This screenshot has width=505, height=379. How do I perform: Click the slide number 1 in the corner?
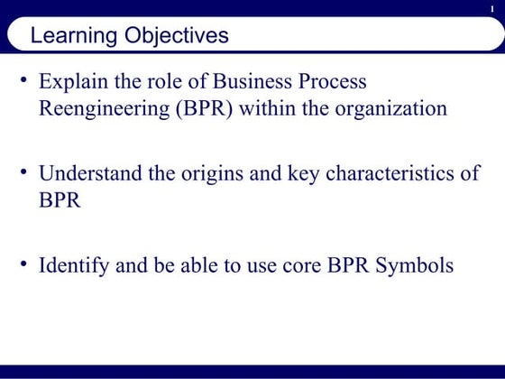pos(492,8)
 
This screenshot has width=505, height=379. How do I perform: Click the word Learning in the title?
pos(73,37)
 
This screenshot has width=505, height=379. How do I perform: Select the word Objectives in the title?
pos(176,37)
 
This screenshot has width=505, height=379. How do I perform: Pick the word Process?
pos(333,81)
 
